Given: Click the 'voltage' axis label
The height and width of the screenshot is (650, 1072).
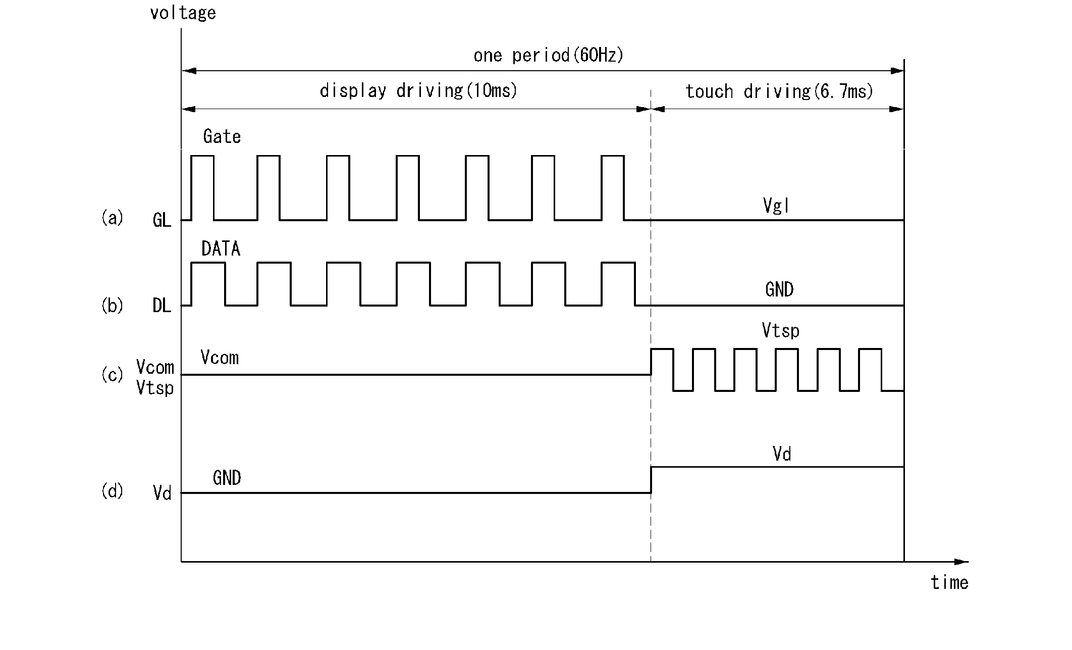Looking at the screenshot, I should (x=183, y=13).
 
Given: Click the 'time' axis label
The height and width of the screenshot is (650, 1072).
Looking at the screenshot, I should (x=949, y=583).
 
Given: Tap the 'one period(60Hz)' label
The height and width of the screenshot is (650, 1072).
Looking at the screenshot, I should (x=548, y=55).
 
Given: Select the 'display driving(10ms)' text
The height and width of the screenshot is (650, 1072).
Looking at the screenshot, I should (x=418, y=91).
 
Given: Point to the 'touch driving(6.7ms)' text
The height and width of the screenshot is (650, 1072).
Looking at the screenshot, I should (x=779, y=91).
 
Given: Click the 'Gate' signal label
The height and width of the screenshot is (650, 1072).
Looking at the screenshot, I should (x=222, y=136).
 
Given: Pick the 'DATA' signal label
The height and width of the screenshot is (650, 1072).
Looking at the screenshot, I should (x=221, y=248).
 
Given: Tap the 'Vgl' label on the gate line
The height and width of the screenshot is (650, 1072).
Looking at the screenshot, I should (x=776, y=206).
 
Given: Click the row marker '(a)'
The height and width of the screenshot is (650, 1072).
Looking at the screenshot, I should (x=112, y=218).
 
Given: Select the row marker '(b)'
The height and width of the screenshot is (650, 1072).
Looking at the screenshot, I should (x=112, y=306).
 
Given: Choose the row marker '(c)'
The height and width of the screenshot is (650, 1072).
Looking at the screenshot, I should (x=112, y=375).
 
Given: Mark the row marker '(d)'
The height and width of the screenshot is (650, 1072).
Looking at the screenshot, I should (x=112, y=491).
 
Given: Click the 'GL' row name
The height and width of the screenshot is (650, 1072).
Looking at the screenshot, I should (x=162, y=221).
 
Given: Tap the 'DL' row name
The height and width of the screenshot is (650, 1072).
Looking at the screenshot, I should (x=162, y=306).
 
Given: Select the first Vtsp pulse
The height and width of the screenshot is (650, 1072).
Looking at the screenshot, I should (x=662, y=369).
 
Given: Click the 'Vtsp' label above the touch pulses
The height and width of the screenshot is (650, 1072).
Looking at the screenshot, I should (x=780, y=331).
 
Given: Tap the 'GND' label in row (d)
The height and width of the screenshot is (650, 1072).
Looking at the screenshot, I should (x=227, y=478).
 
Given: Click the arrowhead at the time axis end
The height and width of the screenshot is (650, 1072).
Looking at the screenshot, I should (x=962, y=562).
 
